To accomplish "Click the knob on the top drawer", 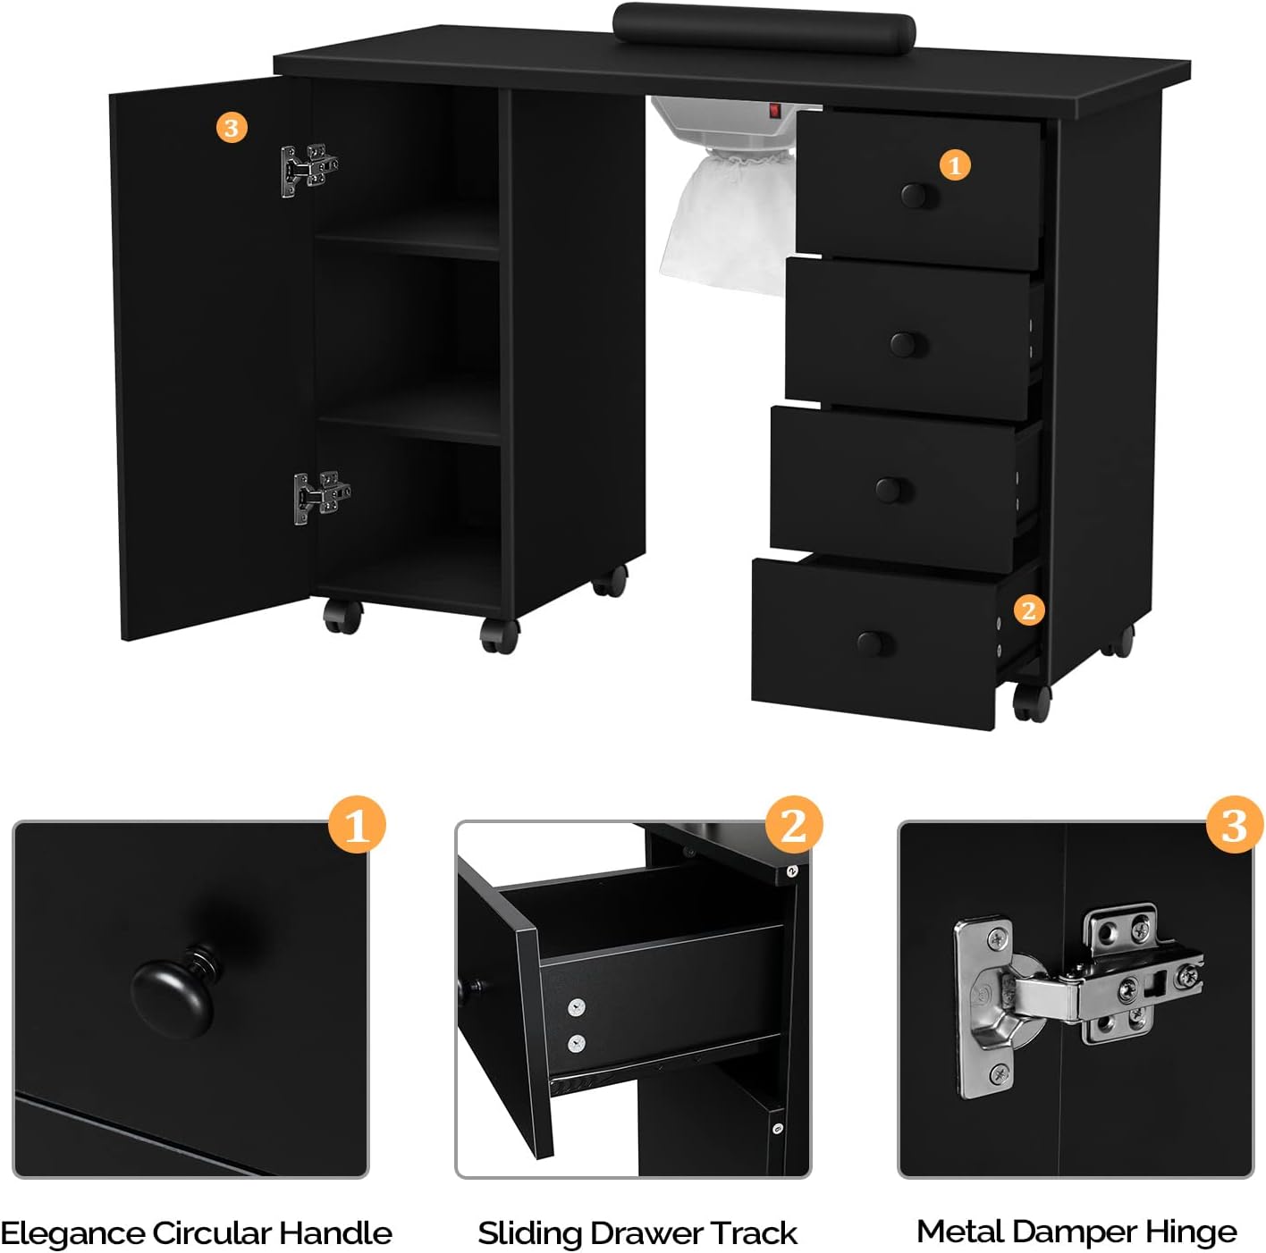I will click(913, 195).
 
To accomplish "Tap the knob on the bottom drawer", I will click(871, 642).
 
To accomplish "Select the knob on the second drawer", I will click(903, 343).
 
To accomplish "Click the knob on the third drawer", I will click(889, 489).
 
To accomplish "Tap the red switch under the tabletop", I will click(775, 111).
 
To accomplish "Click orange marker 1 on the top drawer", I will click(955, 165).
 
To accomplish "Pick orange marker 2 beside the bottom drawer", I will click(1028, 610).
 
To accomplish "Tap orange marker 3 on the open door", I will click(232, 128).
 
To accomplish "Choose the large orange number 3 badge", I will click(1234, 825).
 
